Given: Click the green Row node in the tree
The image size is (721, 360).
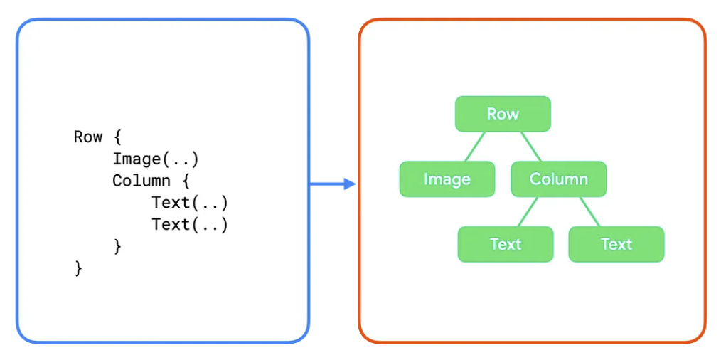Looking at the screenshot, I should pyautogui.click(x=503, y=114).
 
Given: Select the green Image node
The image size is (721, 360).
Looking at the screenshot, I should pyautogui.click(x=447, y=179).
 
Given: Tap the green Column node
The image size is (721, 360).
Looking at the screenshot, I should pyautogui.click(x=558, y=179).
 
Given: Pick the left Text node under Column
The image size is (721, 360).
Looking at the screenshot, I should pyautogui.click(x=506, y=244).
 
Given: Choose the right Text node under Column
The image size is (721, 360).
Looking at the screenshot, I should pyautogui.click(x=616, y=244).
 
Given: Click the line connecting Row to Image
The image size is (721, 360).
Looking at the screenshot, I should pyautogui.click(x=476, y=147).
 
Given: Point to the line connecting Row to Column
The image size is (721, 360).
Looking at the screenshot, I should pyautogui.click(x=530, y=147).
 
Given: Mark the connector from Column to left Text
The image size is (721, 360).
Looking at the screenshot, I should pyautogui.click(x=527, y=211).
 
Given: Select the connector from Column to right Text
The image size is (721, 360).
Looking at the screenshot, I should pyautogui.click(x=590, y=211).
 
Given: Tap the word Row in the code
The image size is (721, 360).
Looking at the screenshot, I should pyautogui.click(x=87, y=137).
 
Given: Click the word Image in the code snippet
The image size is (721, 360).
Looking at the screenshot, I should pyautogui.click(x=136, y=159).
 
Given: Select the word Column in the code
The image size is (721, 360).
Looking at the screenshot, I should pyautogui.click(x=141, y=181).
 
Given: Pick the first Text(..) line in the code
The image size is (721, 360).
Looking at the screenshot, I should pyautogui.click(x=189, y=203).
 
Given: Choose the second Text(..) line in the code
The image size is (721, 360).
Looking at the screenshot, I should pyautogui.click(x=189, y=225).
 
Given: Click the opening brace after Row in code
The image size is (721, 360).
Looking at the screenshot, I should pyautogui.click(x=117, y=137).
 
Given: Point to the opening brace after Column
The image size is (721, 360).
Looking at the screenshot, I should pyautogui.click(x=186, y=181).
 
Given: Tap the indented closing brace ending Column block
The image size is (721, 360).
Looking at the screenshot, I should pyautogui.click(x=117, y=246).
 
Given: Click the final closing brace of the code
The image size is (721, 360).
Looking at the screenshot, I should pyautogui.click(x=78, y=268).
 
